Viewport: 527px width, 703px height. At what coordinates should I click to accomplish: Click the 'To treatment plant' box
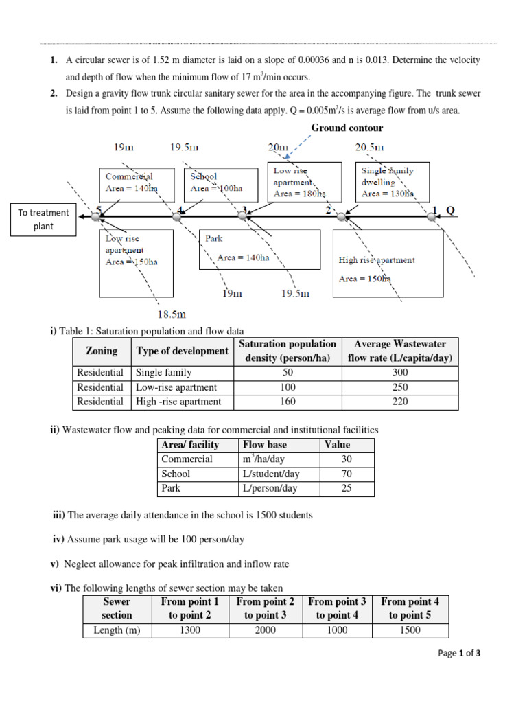point(43,220)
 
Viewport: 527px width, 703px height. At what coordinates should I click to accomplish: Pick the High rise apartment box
point(388,263)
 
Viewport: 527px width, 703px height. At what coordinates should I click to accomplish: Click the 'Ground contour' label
point(347,128)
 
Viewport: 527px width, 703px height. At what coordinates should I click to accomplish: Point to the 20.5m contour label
point(369,147)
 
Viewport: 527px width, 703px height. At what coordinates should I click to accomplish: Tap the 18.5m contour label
point(172,315)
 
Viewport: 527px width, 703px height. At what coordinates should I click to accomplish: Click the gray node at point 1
point(432,216)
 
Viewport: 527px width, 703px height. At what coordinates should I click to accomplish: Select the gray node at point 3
point(243,216)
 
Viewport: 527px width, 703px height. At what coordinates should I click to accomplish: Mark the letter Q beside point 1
point(450,210)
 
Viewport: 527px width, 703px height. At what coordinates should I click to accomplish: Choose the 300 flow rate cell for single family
point(400,372)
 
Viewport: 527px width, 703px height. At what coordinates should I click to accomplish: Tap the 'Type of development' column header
point(182,351)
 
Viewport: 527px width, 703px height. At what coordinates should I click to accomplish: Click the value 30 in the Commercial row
point(347,459)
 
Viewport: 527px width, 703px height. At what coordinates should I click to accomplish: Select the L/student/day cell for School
point(271,474)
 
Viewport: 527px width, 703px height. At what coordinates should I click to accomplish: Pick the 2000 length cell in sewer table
point(266,630)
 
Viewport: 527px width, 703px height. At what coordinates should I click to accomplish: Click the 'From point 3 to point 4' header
point(337,608)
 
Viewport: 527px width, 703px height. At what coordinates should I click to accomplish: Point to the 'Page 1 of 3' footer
point(459,654)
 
